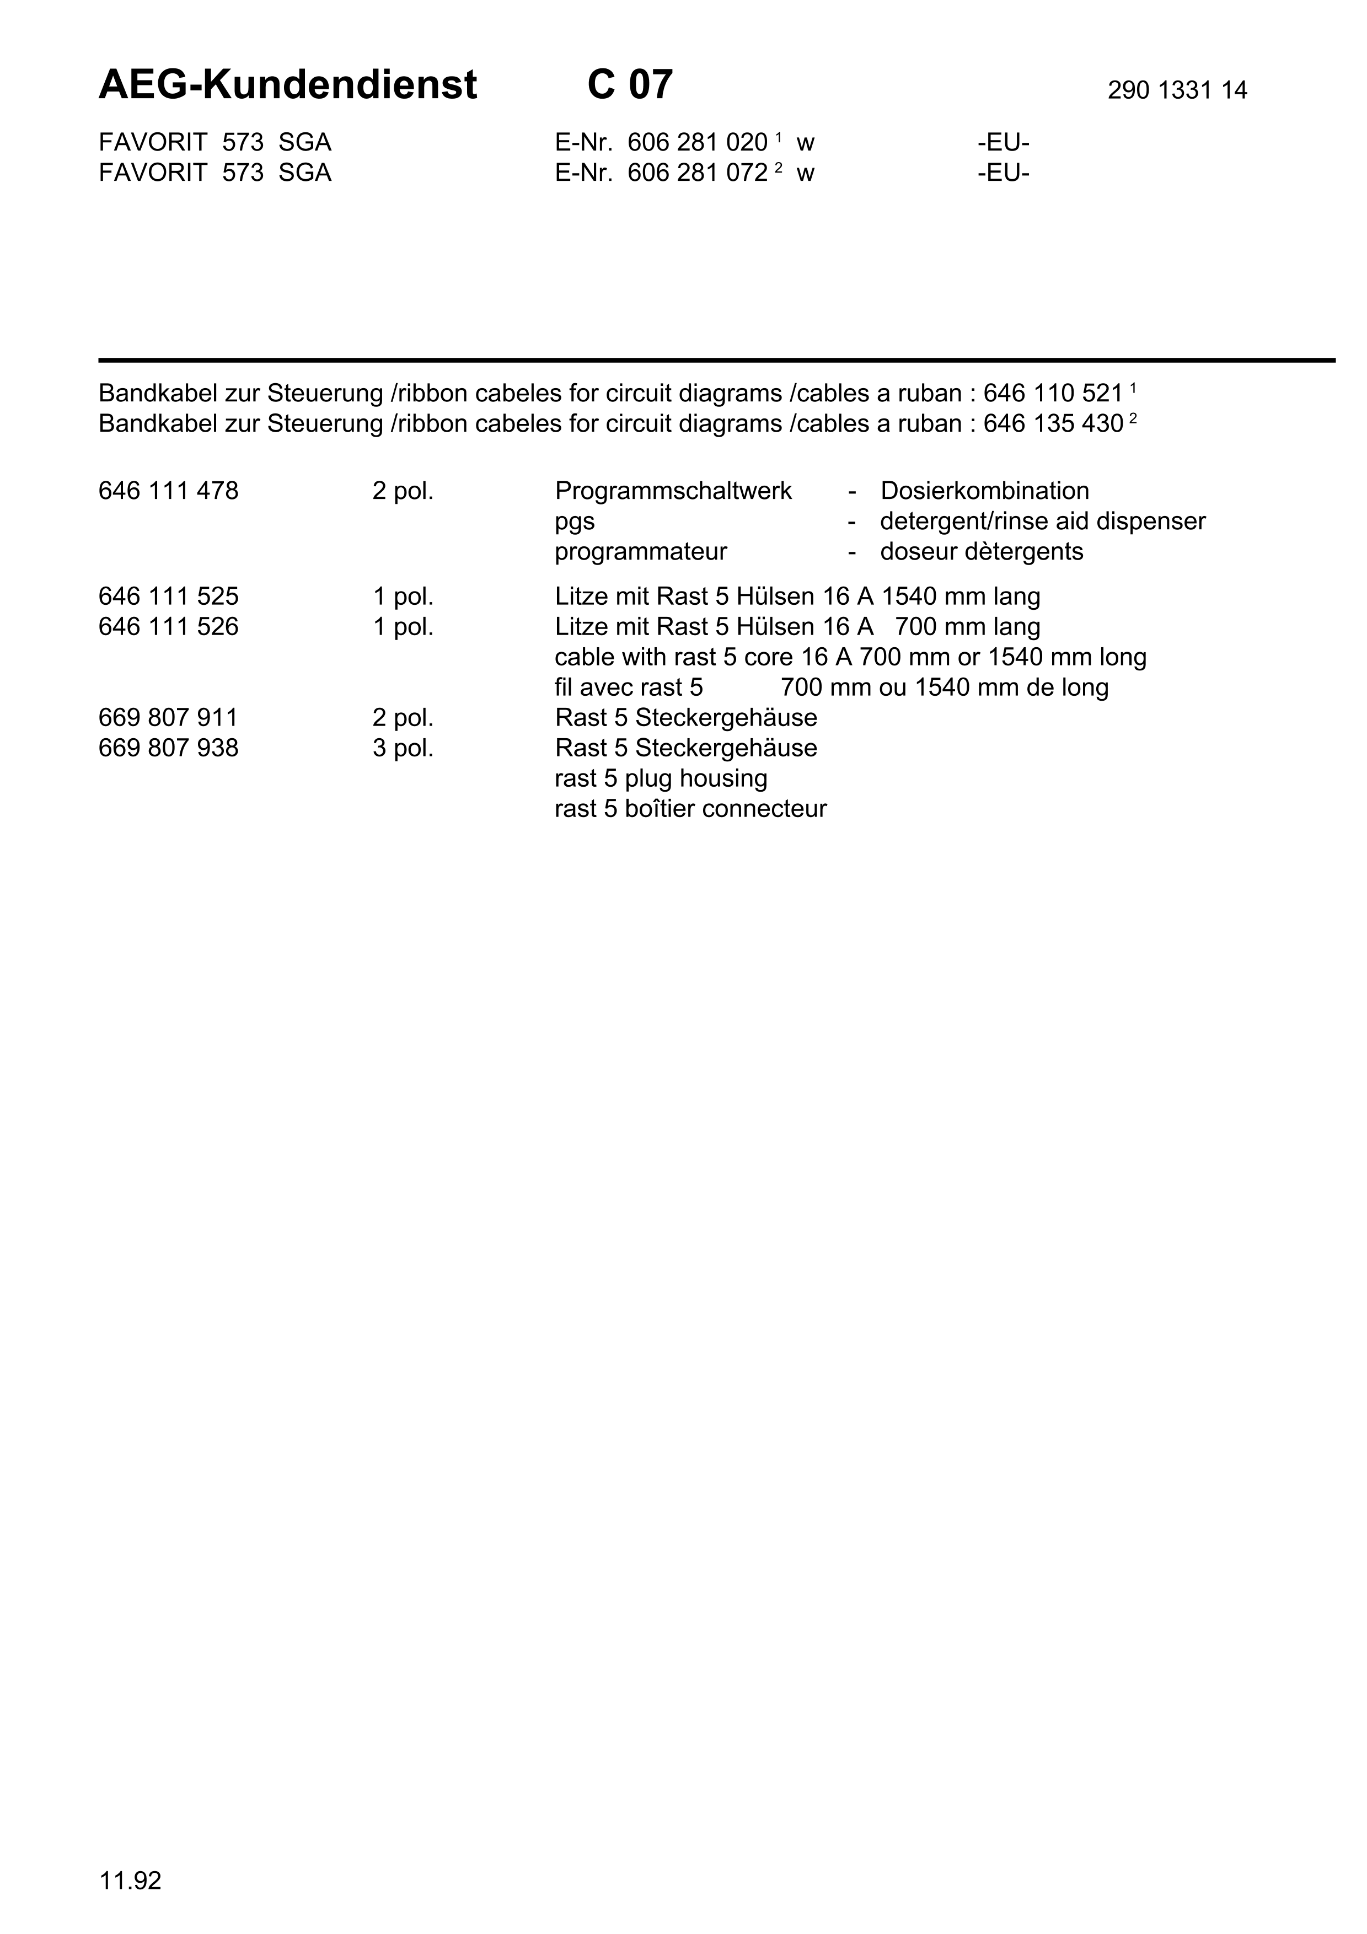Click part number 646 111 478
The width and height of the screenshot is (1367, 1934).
tap(168, 491)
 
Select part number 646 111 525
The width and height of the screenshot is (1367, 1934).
tap(168, 597)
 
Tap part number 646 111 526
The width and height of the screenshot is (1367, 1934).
tap(168, 627)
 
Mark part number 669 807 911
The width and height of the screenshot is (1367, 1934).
tap(168, 718)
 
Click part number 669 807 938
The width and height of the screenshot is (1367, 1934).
tap(168, 749)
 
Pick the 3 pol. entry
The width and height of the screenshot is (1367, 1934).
tap(403, 749)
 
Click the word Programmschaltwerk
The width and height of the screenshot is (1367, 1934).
tap(673, 491)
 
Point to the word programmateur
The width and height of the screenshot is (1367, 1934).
tap(640, 552)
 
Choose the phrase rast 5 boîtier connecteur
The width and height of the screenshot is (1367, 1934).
tap(690, 809)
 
